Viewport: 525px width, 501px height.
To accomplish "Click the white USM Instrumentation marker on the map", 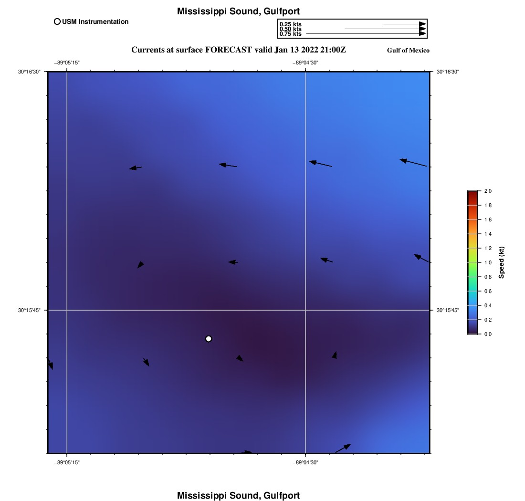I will [x=209, y=339].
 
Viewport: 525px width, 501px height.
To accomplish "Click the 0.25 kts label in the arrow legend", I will [x=290, y=24].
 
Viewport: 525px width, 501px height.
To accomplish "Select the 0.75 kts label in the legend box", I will [x=290, y=34].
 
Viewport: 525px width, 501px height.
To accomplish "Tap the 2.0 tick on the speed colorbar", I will [x=488, y=191].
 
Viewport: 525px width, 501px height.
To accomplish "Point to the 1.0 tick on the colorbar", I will [x=488, y=262].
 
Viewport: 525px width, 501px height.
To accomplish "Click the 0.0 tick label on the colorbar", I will [x=488, y=334].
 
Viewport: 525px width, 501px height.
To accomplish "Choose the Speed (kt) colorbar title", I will [x=501, y=262].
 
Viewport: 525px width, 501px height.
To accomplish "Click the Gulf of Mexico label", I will [x=408, y=51].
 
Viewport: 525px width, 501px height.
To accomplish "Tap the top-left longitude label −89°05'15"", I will [x=66, y=63].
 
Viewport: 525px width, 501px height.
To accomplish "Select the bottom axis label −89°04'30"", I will [x=305, y=462].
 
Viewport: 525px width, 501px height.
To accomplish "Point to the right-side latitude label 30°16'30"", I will [x=448, y=72].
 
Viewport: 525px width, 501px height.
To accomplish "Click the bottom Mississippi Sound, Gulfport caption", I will [x=238, y=495].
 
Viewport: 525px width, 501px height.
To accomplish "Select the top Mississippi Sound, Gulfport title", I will [x=238, y=11].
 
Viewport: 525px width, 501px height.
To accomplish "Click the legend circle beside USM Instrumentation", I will [x=57, y=21].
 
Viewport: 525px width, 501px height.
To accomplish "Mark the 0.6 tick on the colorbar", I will [x=488, y=291].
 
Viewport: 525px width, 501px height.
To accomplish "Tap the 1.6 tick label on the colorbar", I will [x=488, y=219].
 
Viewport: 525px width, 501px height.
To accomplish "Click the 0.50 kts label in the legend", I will [x=290, y=29].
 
